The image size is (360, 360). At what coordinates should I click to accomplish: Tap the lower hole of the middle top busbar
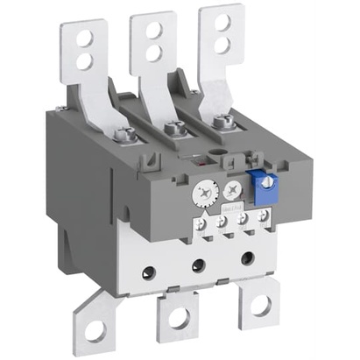[153, 51]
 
